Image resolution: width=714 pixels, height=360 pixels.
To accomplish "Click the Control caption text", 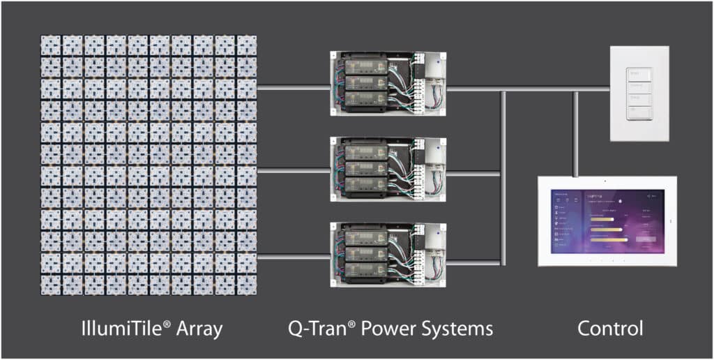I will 610,328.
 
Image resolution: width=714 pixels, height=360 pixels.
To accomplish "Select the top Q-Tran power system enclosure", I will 388,84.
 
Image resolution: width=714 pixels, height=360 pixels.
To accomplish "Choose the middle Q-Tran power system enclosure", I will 388,170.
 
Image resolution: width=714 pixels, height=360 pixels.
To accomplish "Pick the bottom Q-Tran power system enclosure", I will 388,255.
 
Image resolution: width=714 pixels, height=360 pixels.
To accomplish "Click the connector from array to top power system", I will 293,88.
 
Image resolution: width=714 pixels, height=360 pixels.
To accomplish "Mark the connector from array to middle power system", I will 293,170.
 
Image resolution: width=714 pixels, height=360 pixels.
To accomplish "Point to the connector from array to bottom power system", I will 293,256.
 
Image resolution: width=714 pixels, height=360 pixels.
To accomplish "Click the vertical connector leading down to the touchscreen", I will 575,133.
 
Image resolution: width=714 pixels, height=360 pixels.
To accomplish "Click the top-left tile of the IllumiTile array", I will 52,45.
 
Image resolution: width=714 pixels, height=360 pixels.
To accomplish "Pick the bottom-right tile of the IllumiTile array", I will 247,285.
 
